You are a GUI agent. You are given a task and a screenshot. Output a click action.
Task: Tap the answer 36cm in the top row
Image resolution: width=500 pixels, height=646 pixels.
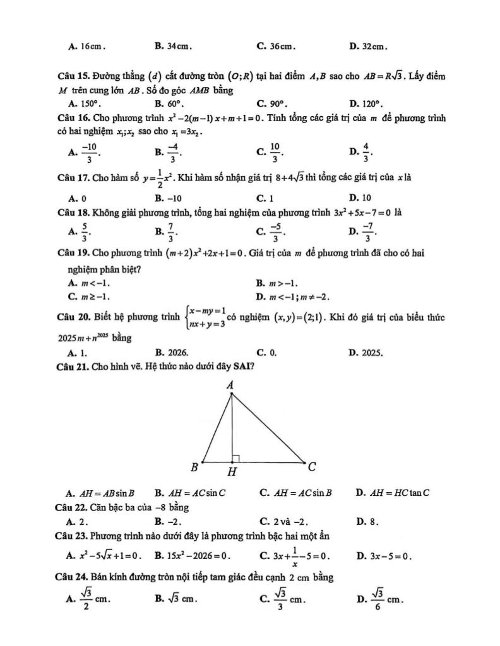tap(282, 46)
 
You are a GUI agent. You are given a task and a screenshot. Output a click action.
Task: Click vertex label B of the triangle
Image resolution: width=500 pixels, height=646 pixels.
tap(194, 467)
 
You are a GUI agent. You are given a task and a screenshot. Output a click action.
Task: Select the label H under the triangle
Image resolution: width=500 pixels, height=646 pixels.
tap(232, 472)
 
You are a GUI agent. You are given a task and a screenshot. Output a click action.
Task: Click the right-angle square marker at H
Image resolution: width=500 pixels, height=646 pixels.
tap(235, 457)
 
